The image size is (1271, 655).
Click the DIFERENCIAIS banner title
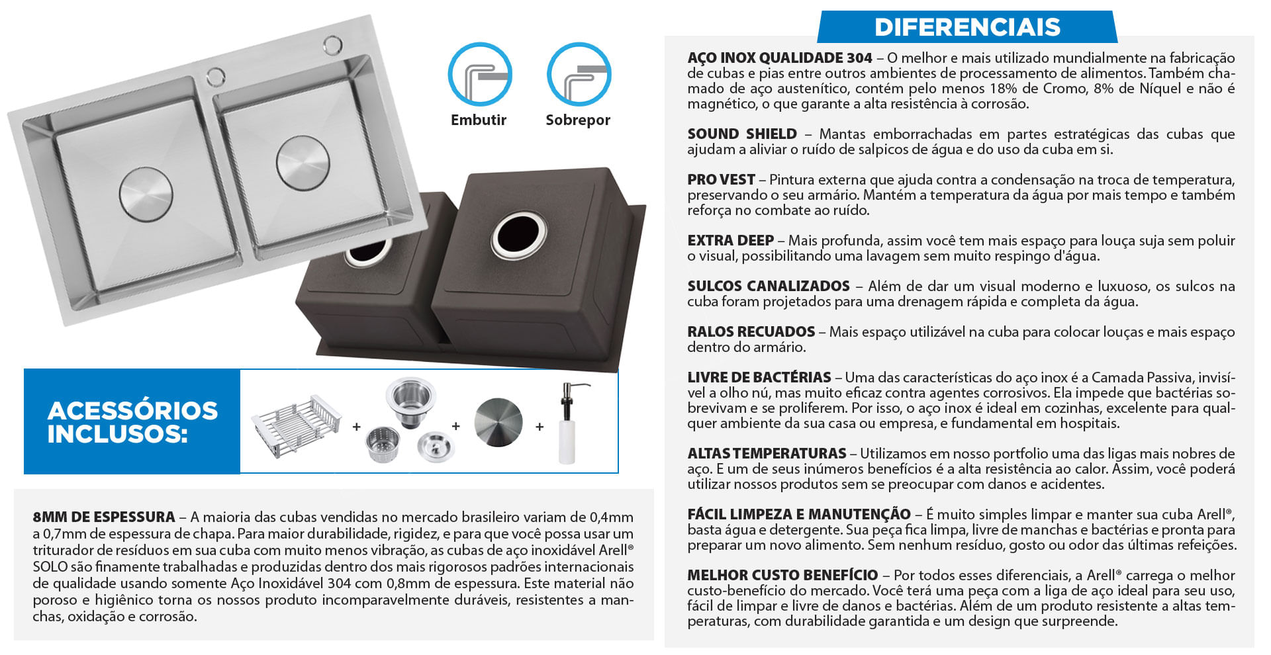pos(967,27)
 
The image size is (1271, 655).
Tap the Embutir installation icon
pos(480,74)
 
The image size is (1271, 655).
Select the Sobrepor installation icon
pos(579,74)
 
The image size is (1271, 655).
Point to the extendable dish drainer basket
pos(296,425)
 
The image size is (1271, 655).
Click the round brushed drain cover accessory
pos(498,422)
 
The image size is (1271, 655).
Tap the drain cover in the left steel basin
pos(146,195)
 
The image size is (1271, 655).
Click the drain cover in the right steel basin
pos(303,163)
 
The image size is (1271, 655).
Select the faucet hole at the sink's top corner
pos(332,45)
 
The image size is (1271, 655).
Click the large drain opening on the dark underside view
pos(519,237)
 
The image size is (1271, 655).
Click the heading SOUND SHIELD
pos(742,134)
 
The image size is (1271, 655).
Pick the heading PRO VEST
pos(721,179)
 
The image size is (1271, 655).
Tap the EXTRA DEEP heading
pos(730,240)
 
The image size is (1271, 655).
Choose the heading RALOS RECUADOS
pos(751,331)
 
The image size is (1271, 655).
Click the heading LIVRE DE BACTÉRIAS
pos(759,377)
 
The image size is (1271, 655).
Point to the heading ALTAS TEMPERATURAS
pos(767,453)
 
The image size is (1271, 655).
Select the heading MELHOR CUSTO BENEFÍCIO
pos(782,575)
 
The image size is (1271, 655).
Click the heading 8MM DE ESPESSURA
pos(104,517)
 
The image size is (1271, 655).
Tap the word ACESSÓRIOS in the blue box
pos(132,410)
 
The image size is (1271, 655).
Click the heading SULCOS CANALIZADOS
pos(769,286)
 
